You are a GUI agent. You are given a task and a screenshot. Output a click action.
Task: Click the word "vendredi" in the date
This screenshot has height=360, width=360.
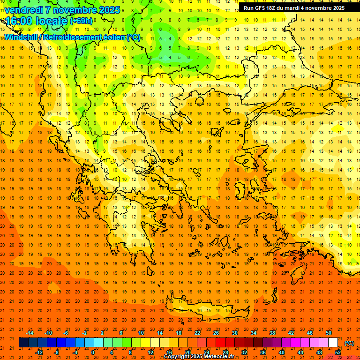tap(23, 9)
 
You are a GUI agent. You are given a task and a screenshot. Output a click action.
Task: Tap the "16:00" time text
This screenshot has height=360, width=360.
tap(18, 21)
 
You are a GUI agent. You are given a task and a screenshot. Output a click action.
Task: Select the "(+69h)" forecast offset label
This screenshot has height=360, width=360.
tap(81, 21)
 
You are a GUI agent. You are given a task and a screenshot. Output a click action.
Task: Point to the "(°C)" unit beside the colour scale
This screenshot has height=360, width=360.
tap(349, 343)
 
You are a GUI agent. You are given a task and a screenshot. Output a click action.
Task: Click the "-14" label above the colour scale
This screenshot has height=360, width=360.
tap(30, 333)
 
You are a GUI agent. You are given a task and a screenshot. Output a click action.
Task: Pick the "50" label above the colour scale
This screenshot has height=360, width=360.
tap(328, 333)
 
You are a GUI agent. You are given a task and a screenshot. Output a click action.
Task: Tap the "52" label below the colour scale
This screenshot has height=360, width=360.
tap(337, 352)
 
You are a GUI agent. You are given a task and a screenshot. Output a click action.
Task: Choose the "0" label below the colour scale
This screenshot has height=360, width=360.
tap(93, 352)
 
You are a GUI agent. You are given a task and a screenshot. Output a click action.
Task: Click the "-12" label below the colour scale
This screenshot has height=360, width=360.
tap(39, 352)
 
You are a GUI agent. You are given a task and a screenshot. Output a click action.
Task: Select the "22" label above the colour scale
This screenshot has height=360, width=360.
tap(197, 333)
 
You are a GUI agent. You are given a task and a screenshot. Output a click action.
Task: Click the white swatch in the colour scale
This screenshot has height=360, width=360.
tap(333, 343)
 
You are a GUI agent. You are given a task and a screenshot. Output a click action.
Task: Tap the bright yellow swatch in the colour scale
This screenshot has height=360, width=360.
tap(145, 343)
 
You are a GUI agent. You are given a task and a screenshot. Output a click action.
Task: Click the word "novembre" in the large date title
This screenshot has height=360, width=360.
tap(73, 9)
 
